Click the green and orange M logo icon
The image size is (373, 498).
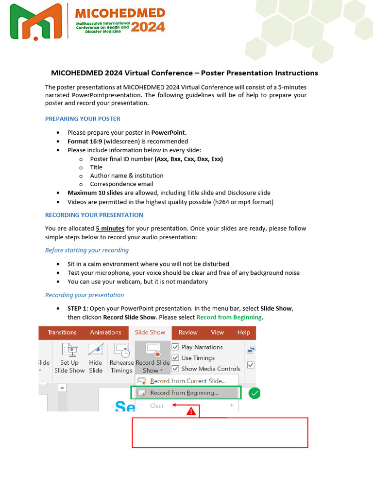(x=37, y=22)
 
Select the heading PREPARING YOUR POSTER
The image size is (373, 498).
(x=83, y=119)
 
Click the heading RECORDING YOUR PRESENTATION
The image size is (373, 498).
(x=94, y=215)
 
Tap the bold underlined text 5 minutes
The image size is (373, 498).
(x=110, y=228)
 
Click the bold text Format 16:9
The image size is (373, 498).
(x=85, y=141)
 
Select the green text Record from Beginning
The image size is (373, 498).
(x=229, y=317)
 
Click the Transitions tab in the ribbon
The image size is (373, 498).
(x=62, y=333)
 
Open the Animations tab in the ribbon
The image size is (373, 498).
(x=105, y=333)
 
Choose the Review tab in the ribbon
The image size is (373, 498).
(x=188, y=333)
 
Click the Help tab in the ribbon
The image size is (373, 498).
(x=243, y=333)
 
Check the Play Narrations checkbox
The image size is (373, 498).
(x=176, y=347)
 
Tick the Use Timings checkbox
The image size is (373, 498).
(x=176, y=358)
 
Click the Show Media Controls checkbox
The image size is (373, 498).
(x=176, y=369)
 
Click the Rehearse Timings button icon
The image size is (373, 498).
(x=121, y=350)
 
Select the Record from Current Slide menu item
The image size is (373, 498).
(x=187, y=381)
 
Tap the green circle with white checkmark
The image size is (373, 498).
(x=254, y=393)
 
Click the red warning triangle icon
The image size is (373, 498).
(x=191, y=411)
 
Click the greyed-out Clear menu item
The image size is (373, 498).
(x=157, y=406)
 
